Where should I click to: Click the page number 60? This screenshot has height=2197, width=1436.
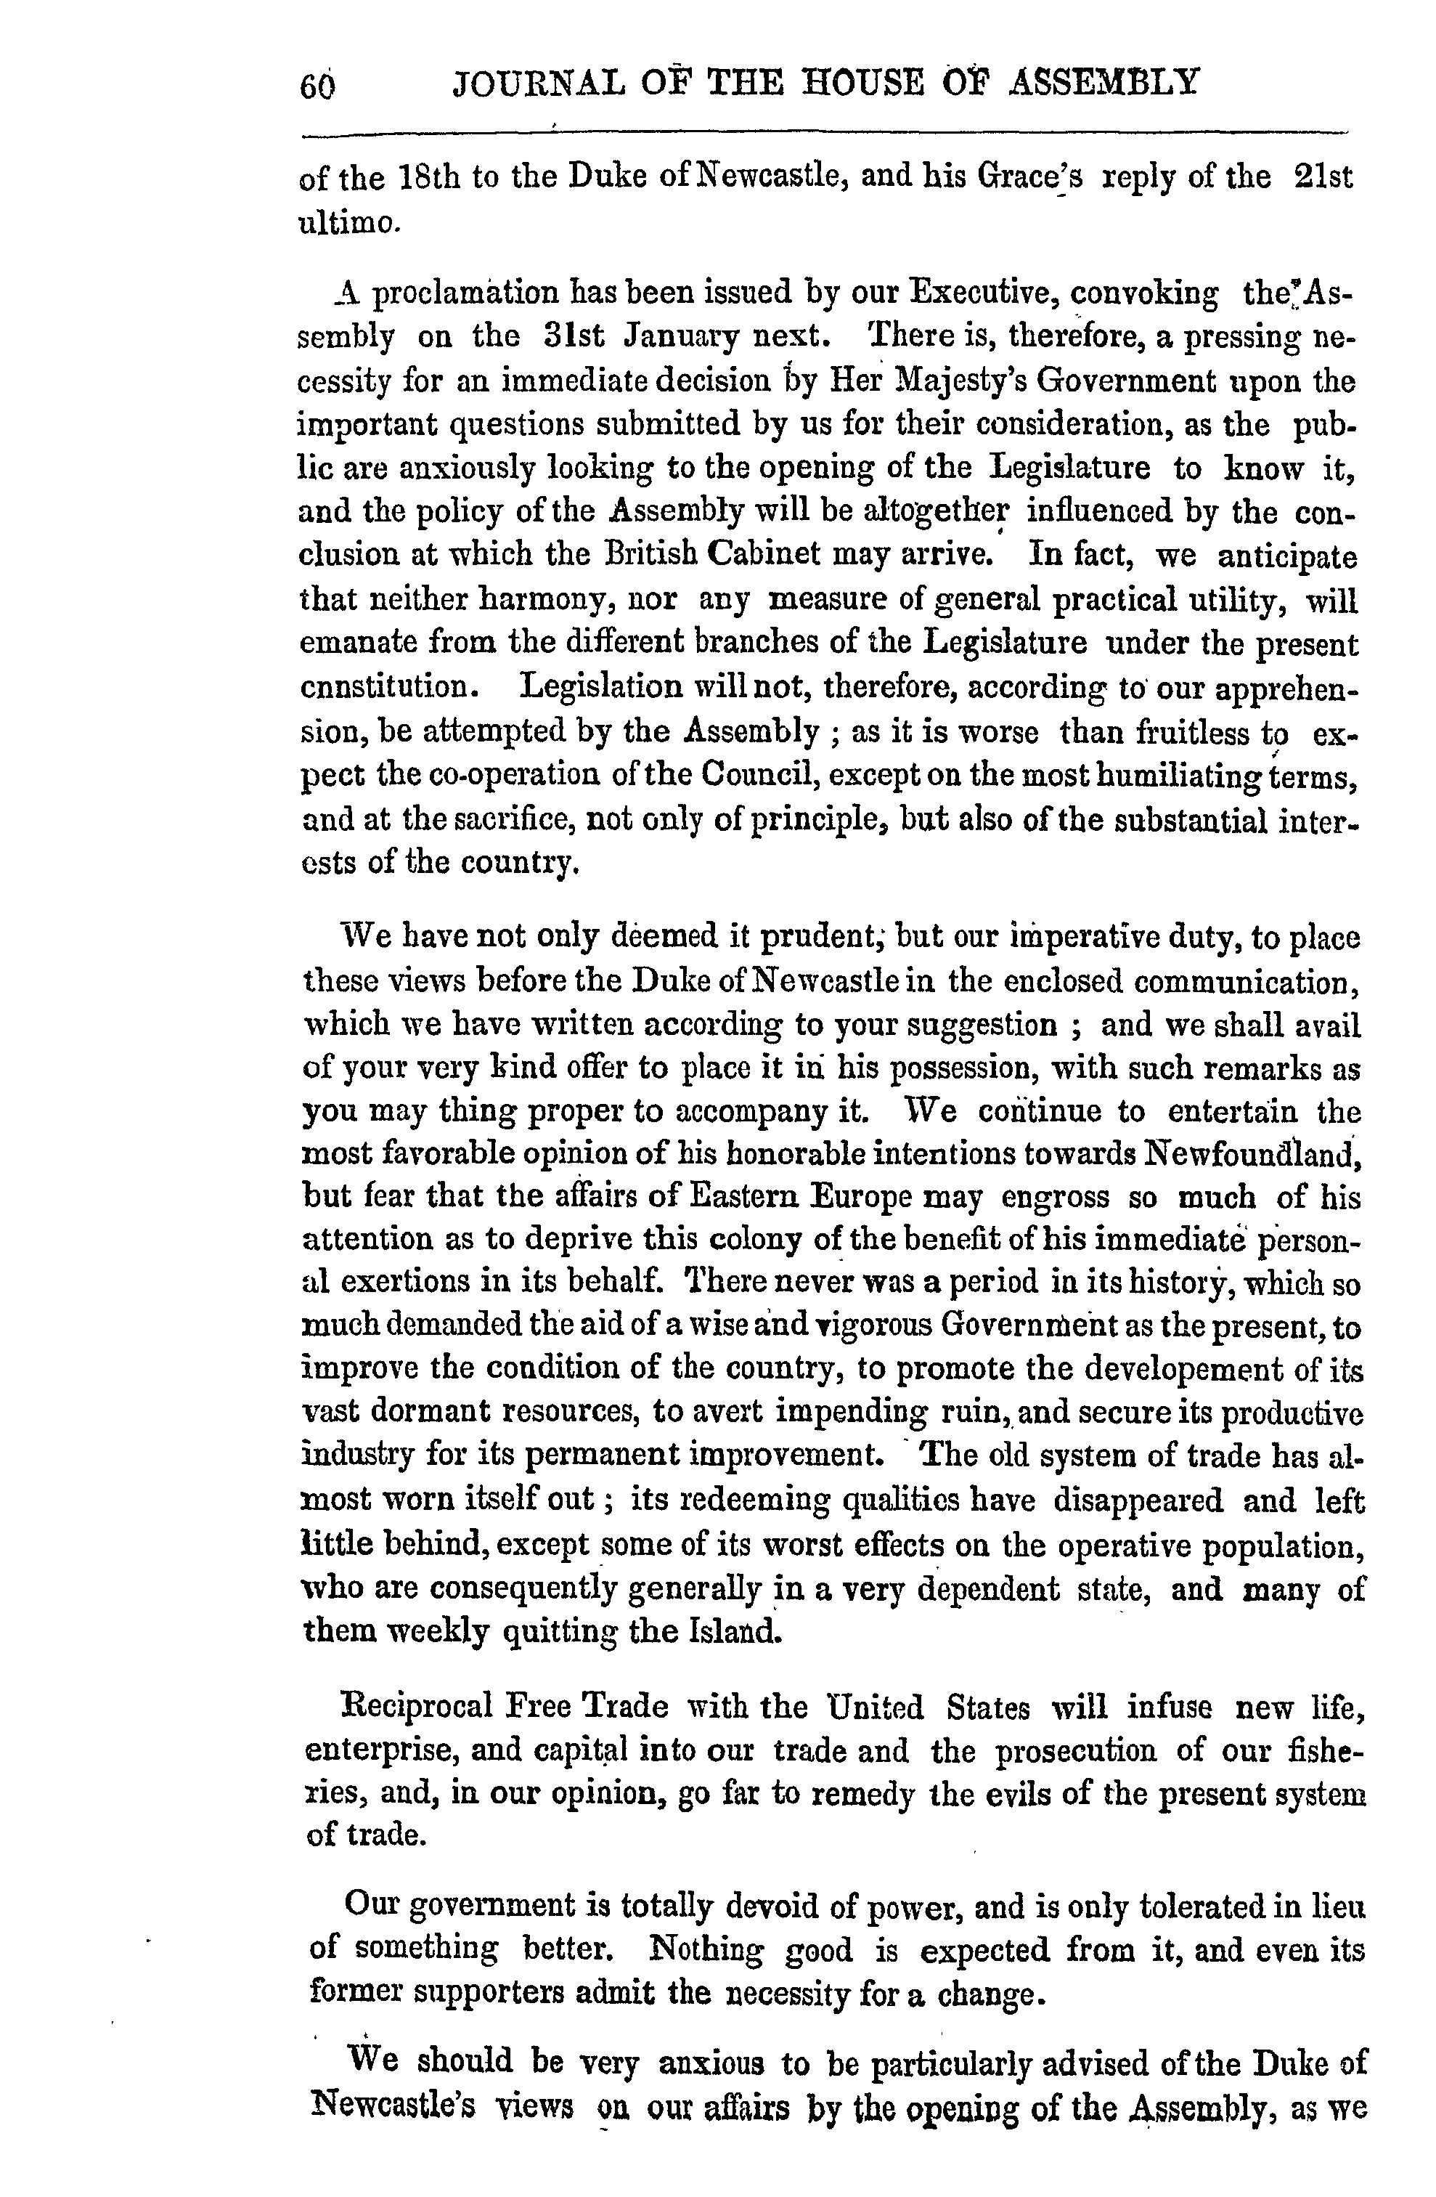pyautogui.click(x=317, y=86)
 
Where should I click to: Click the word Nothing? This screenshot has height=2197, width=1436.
pyautogui.click(x=707, y=1949)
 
